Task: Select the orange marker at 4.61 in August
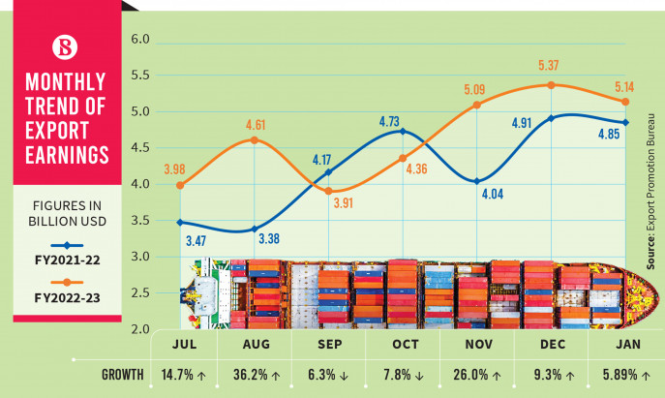[x=254, y=140]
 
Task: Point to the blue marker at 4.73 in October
[x=402, y=131]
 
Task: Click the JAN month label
[x=627, y=344]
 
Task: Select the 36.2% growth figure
[x=249, y=374]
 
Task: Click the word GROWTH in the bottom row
[x=123, y=374]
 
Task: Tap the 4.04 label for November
[x=494, y=194]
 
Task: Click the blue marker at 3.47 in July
[x=180, y=223]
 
